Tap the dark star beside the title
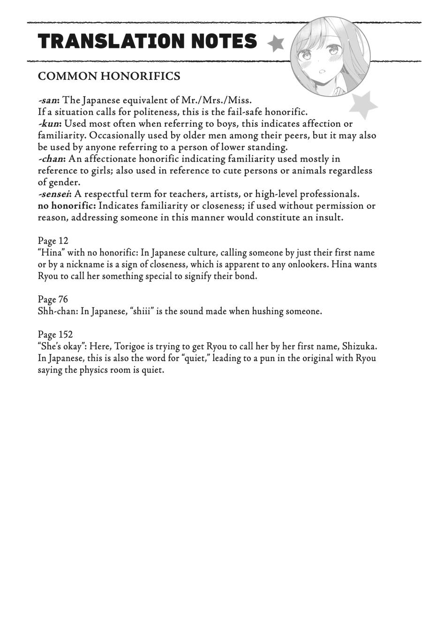(276, 44)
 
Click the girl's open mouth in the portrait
(323, 72)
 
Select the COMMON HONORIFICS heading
(109, 76)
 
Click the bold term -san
(48, 100)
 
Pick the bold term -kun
(50, 124)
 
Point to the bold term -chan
(52, 159)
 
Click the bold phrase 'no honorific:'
(67, 206)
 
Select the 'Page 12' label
(53, 241)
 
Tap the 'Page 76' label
(53, 300)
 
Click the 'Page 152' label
(55, 335)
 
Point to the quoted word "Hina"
(51, 253)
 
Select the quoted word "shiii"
(142, 311)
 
